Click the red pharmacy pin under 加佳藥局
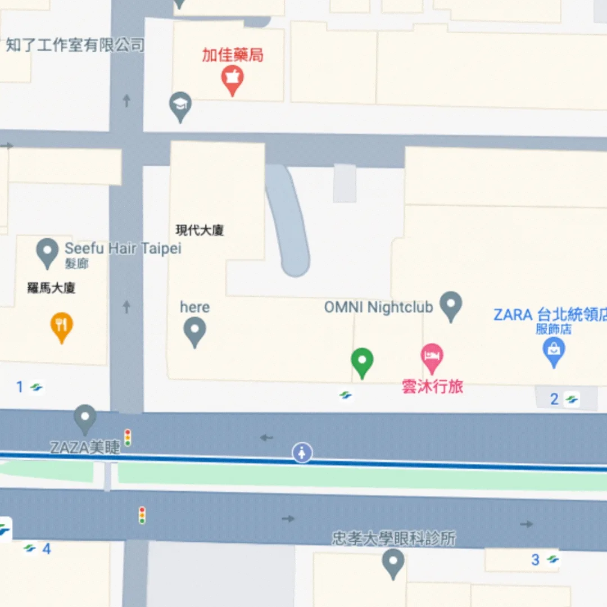tap(232, 79)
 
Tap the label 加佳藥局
tap(233, 55)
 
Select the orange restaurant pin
tap(62, 325)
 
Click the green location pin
tap(362, 361)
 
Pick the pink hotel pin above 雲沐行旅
tap(432, 357)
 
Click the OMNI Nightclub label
tap(378, 307)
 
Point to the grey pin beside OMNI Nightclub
tap(451, 305)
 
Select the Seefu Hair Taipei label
tap(123, 248)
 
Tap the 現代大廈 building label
tap(200, 230)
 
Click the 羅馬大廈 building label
tap(51, 288)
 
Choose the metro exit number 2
tap(555, 400)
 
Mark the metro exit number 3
tap(536, 560)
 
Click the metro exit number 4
tap(47, 549)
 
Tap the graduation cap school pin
tap(180, 105)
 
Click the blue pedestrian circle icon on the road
tap(302, 452)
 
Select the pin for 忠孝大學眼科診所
tap(393, 562)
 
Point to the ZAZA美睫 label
tap(85, 447)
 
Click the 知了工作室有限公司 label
tap(75, 45)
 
